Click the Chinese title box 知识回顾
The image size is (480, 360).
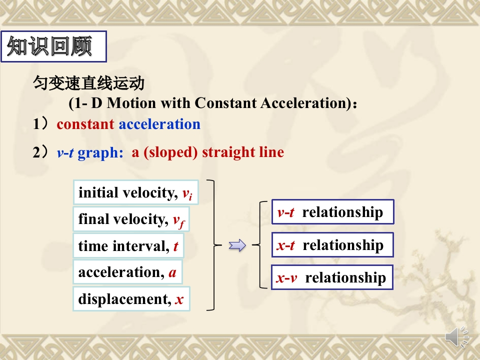click(54, 46)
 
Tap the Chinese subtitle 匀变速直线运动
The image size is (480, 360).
click(88, 83)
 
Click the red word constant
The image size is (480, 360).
click(85, 124)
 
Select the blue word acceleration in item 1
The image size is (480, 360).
click(159, 124)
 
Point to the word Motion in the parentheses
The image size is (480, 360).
click(131, 103)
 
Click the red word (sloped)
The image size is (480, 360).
click(170, 152)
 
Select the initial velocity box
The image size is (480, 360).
click(136, 192)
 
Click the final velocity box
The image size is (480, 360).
click(131, 219)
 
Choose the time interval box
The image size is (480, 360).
click(128, 246)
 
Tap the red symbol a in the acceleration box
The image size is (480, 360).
click(172, 272)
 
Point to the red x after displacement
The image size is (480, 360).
click(179, 299)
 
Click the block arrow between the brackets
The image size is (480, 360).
click(237, 245)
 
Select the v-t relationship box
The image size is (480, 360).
click(333, 212)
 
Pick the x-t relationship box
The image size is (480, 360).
click(332, 245)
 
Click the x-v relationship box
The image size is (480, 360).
click(332, 277)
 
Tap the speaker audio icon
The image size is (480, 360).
click(456, 337)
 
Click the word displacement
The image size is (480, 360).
click(124, 299)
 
